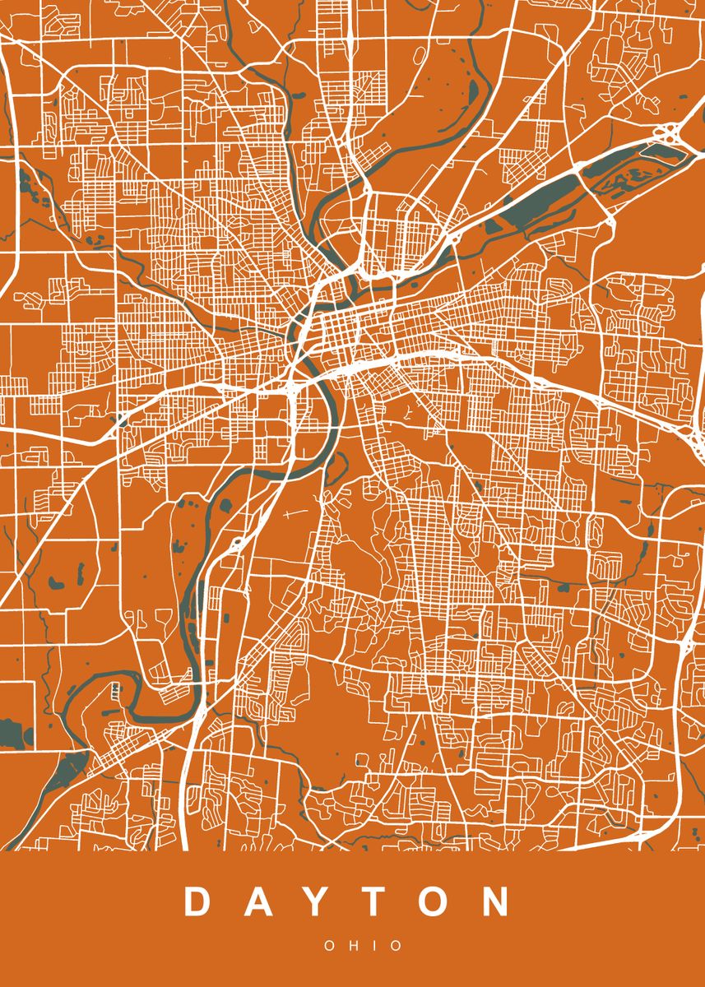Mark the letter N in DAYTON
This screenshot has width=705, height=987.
(496, 902)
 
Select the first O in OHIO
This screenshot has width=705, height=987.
(330, 947)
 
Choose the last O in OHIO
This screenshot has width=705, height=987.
(397, 947)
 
